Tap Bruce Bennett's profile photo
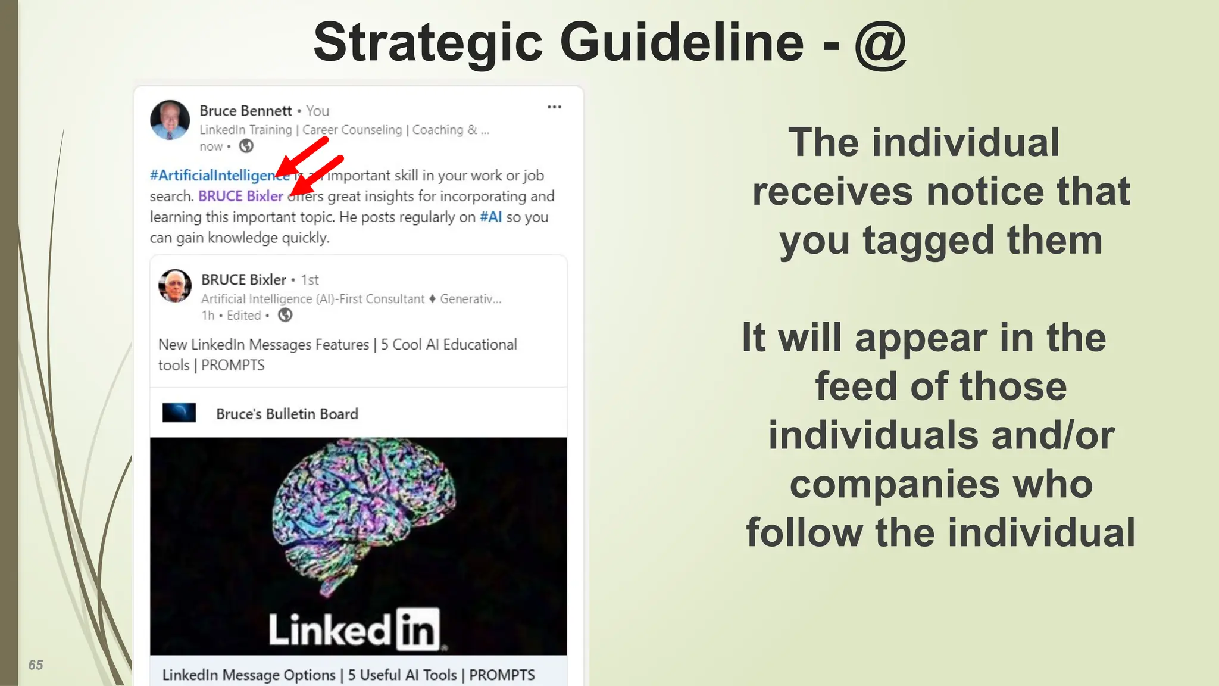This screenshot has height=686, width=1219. (x=170, y=120)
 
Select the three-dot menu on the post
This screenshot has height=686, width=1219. (x=554, y=107)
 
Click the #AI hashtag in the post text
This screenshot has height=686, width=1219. (x=491, y=217)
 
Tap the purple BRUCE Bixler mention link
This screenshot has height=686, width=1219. (x=240, y=196)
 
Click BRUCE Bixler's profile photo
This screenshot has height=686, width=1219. (x=175, y=286)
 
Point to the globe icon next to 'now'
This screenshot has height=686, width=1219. (x=246, y=146)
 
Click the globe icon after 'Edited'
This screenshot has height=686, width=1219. (x=285, y=315)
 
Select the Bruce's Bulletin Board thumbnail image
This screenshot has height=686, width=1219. (x=179, y=413)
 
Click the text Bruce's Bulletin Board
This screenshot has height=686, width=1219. (x=287, y=414)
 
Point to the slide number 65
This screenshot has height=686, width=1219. (x=36, y=665)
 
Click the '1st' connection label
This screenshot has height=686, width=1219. (x=310, y=280)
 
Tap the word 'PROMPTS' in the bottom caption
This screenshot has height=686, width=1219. (x=502, y=675)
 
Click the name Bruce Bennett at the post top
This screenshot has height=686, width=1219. (x=245, y=111)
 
